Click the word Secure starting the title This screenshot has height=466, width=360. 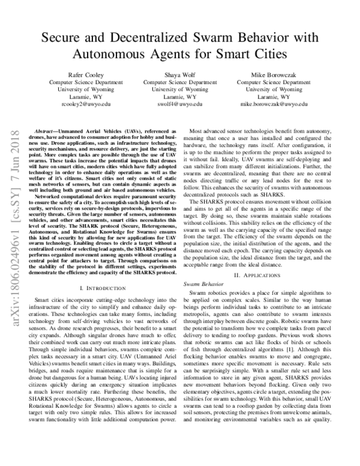click(64, 37)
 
